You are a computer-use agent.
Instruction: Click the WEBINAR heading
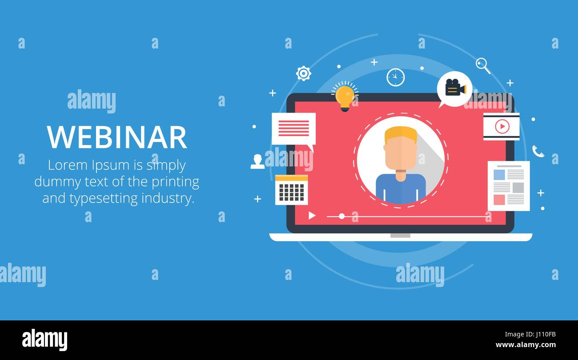pyautogui.click(x=117, y=137)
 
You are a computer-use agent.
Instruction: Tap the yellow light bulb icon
pyautogui.click(x=345, y=97)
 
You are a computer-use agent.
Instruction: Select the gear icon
pyautogui.click(x=304, y=73)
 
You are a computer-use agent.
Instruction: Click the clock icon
pyautogui.click(x=395, y=77)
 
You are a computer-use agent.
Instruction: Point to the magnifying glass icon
pyautogui.click(x=482, y=65)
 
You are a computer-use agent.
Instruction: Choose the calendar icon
pyautogui.click(x=291, y=190)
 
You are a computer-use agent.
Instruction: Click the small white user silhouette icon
pyautogui.click(x=257, y=162)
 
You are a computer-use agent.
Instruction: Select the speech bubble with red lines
pyautogui.click(x=293, y=129)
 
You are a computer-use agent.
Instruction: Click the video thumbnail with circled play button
pyautogui.click(x=501, y=127)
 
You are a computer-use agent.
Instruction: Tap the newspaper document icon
pyautogui.click(x=508, y=186)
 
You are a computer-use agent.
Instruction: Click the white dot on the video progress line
pyautogui.click(x=341, y=216)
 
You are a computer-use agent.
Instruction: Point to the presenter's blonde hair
pyautogui.click(x=401, y=134)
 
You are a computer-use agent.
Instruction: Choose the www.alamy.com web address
pyautogui.click(x=526, y=345)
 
